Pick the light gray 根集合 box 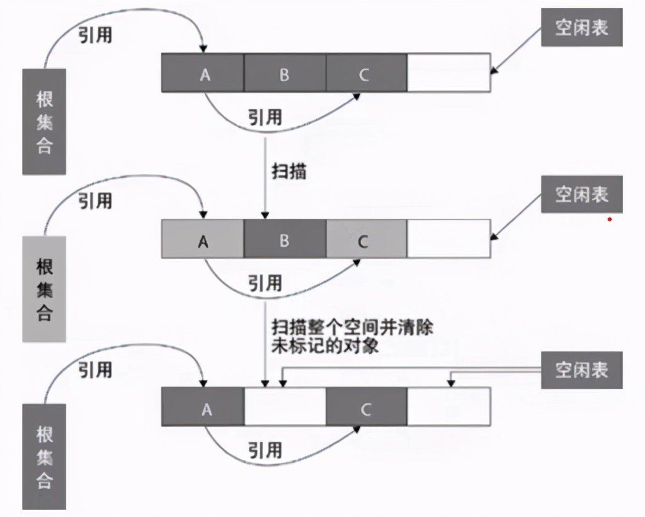tap(44, 289)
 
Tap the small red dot tap(610, 219)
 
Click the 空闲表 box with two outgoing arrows tap(581, 369)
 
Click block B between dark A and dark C tap(285, 74)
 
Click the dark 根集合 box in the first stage tap(44, 121)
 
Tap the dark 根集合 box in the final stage tap(44, 457)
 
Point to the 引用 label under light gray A tap(265, 283)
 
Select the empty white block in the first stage tap(448, 74)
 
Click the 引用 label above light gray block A tap(95, 200)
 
